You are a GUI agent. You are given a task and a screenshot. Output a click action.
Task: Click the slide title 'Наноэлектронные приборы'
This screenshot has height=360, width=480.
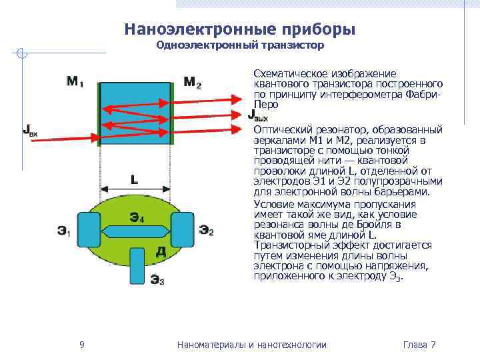[x=239, y=30]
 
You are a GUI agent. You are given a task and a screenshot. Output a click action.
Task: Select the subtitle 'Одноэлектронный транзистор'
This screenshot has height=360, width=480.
[x=239, y=46]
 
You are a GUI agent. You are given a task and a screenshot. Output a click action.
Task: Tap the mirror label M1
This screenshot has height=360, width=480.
[x=75, y=82]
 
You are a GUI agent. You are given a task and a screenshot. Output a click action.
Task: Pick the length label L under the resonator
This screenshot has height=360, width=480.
[x=135, y=179]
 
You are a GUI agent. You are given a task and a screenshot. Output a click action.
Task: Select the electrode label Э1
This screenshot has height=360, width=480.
[x=63, y=231]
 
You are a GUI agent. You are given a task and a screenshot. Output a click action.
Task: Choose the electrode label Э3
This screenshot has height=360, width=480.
[x=157, y=281]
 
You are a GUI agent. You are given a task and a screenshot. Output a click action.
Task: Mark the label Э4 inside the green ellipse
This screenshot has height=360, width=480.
[x=136, y=216]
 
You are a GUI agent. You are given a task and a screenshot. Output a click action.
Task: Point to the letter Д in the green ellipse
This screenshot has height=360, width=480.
[x=161, y=251]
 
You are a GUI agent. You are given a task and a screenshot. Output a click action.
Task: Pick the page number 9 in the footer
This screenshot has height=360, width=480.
[x=81, y=345]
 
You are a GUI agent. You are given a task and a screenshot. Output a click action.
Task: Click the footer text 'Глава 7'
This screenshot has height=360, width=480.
[x=419, y=345]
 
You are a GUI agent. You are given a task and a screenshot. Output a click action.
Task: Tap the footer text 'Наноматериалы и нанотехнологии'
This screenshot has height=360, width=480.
[x=252, y=345]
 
